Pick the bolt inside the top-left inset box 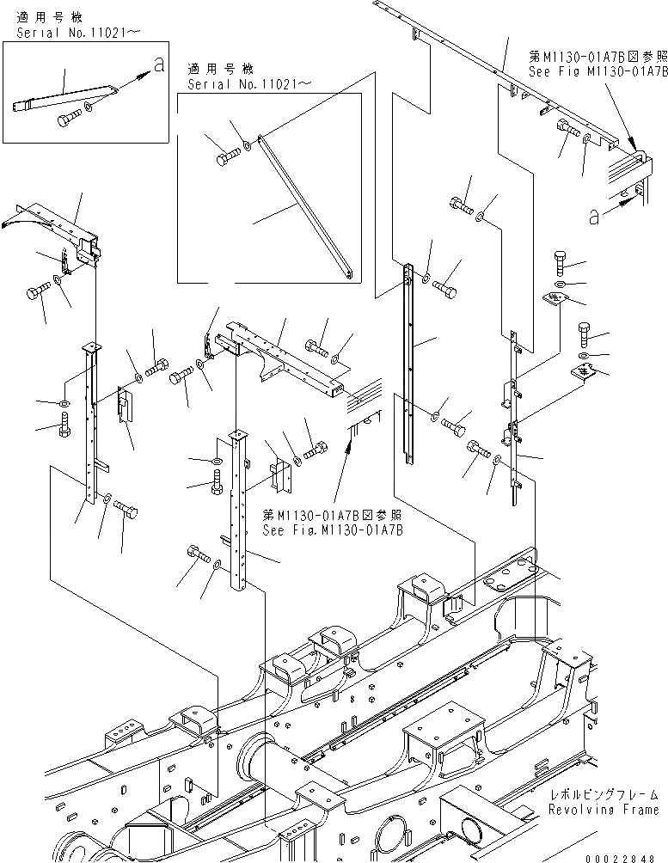pos(66,119)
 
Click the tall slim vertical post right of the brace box pos(409,361)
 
